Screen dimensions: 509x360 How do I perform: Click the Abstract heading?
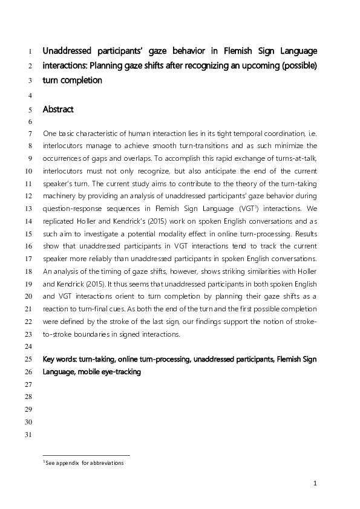point(58,110)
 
